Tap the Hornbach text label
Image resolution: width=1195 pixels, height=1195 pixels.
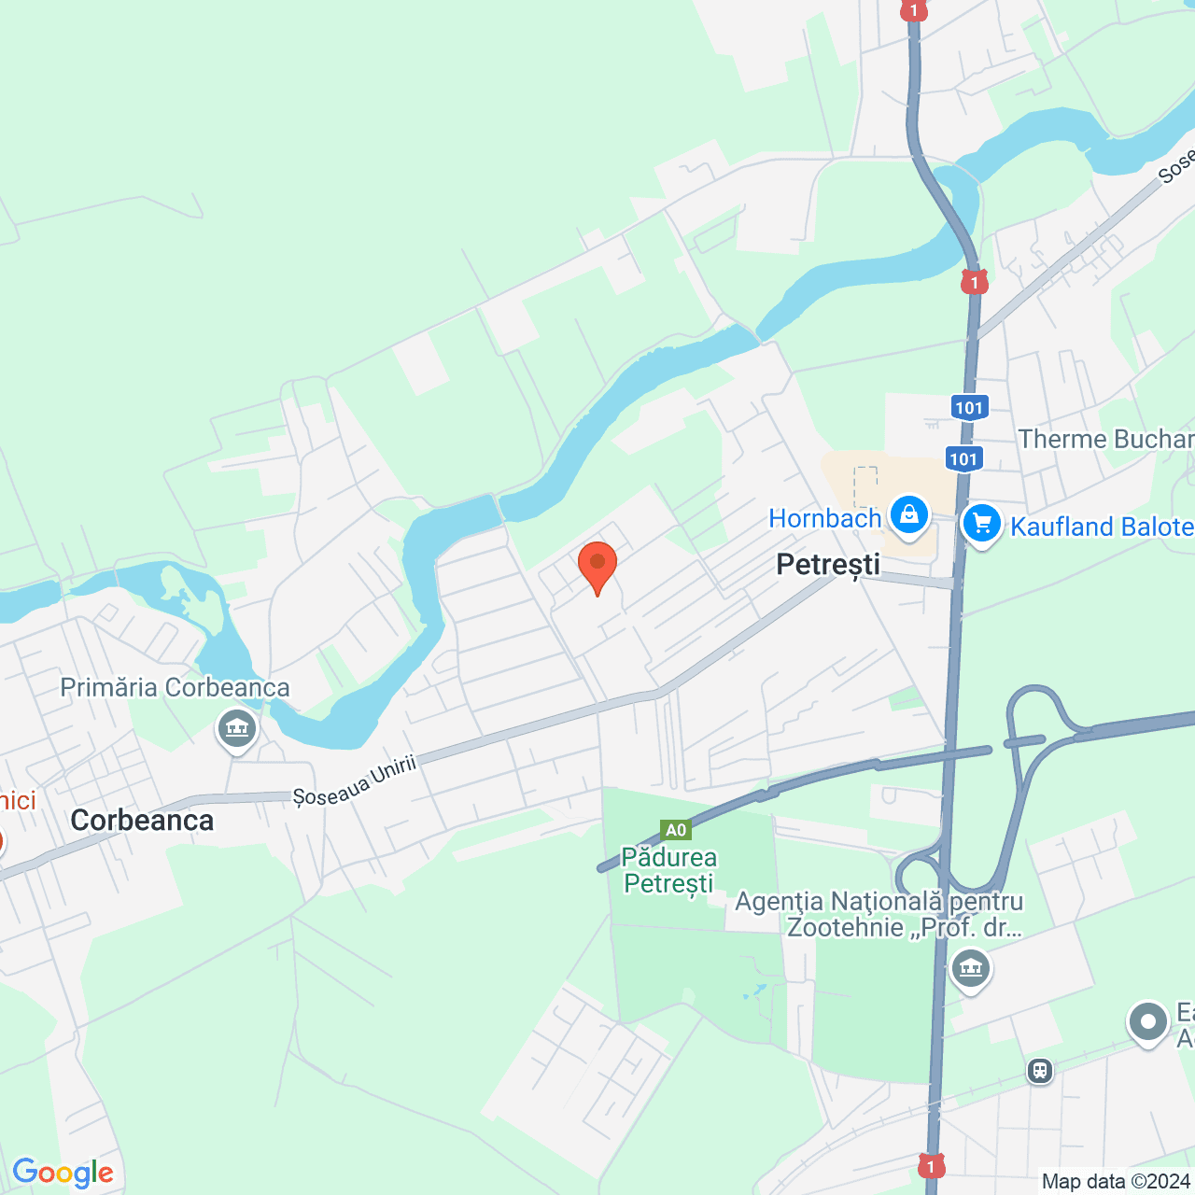(824, 519)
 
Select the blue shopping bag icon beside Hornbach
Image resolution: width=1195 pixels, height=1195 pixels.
(908, 514)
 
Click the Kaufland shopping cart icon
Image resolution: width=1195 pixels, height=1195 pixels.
(982, 524)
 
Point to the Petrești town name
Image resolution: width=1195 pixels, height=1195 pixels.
(828, 565)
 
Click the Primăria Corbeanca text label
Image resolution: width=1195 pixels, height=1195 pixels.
(175, 688)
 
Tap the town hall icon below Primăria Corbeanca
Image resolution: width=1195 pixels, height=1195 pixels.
(237, 727)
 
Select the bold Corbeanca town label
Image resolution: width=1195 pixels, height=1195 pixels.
(142, 821)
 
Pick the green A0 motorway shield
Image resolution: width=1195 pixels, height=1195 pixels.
(675, 830)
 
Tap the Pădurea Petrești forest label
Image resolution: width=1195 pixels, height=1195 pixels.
(669, 870)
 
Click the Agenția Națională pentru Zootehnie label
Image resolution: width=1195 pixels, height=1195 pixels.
(879, 914)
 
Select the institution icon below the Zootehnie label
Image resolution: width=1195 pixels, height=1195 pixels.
(971, 968)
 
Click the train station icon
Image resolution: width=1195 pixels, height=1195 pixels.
(1039, 1071)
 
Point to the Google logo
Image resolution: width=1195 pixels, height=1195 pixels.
(63, 1173)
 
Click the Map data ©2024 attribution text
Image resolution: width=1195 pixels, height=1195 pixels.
(1115, 1182)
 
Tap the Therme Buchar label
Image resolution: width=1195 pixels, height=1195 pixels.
(1105, 439)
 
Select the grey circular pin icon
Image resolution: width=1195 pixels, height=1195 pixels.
(1147, 1022)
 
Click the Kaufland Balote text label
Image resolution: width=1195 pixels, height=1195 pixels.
(1102, 527)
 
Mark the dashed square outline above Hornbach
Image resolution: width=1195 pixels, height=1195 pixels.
(865, 486)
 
